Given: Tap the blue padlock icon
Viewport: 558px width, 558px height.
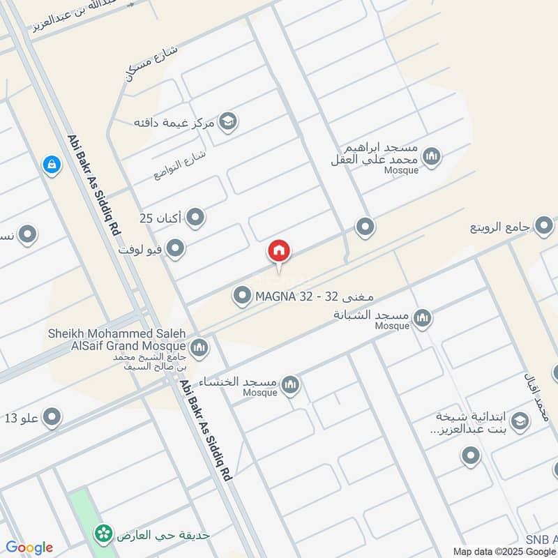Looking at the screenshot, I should point(51,165).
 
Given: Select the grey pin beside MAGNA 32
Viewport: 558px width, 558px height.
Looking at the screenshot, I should point(242,296).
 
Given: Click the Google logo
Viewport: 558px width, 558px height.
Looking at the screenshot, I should point(29,548).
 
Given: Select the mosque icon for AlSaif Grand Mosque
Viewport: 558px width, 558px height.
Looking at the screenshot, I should point(199,347).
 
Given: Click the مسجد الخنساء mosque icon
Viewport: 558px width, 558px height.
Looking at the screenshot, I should point(291,384).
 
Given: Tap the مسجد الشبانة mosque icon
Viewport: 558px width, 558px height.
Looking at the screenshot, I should point(422,318).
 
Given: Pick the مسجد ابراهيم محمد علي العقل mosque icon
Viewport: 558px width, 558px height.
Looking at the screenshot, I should point(432,157).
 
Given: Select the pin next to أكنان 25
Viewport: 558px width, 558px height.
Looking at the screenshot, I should point(196,218).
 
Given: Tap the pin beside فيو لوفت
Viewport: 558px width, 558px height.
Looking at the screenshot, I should point(176,248).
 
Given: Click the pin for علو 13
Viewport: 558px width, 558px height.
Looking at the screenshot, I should point(52,418).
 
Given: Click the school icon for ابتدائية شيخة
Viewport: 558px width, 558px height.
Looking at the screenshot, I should point(519,421).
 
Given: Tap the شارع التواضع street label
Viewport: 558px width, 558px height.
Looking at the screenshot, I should point(172,165).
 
